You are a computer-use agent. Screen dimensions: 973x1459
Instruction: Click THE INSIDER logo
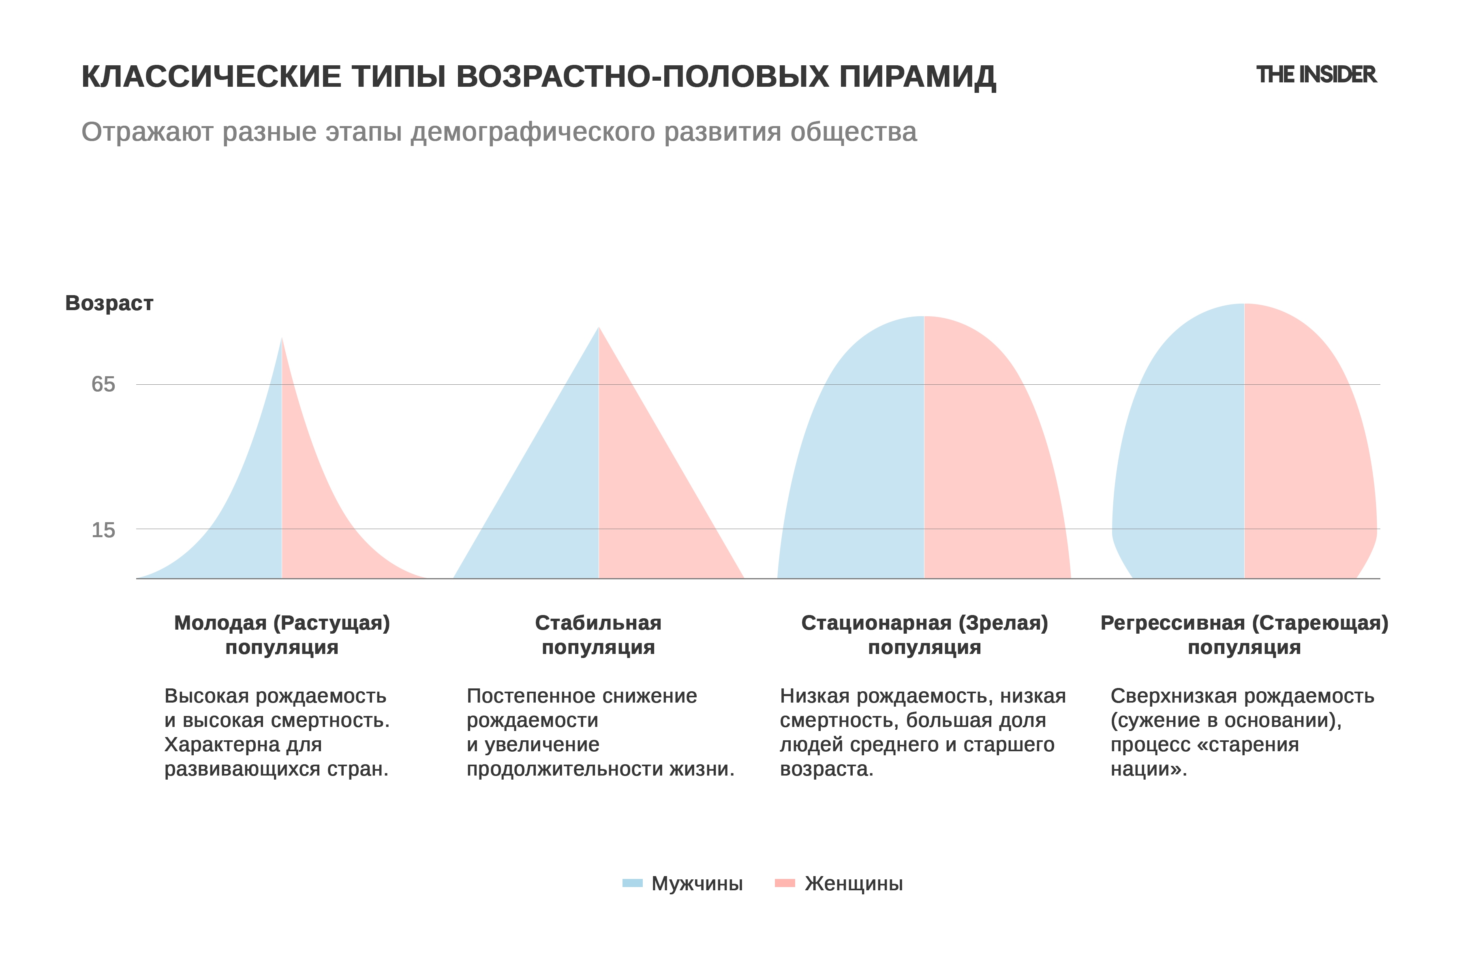[x=1316, y=75]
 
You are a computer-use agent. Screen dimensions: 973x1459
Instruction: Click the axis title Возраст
[x=109, y=303]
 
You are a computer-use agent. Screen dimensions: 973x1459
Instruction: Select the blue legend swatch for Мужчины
[x=632, y=883]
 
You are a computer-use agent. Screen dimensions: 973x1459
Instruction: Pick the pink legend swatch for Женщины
[x=785, y=883]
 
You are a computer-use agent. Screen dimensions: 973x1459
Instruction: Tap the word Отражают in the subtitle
[x=148, y=132]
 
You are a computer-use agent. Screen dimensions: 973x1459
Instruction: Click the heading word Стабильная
[x=598, y=623]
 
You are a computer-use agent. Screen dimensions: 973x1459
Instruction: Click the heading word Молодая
[x=220, y=623]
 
